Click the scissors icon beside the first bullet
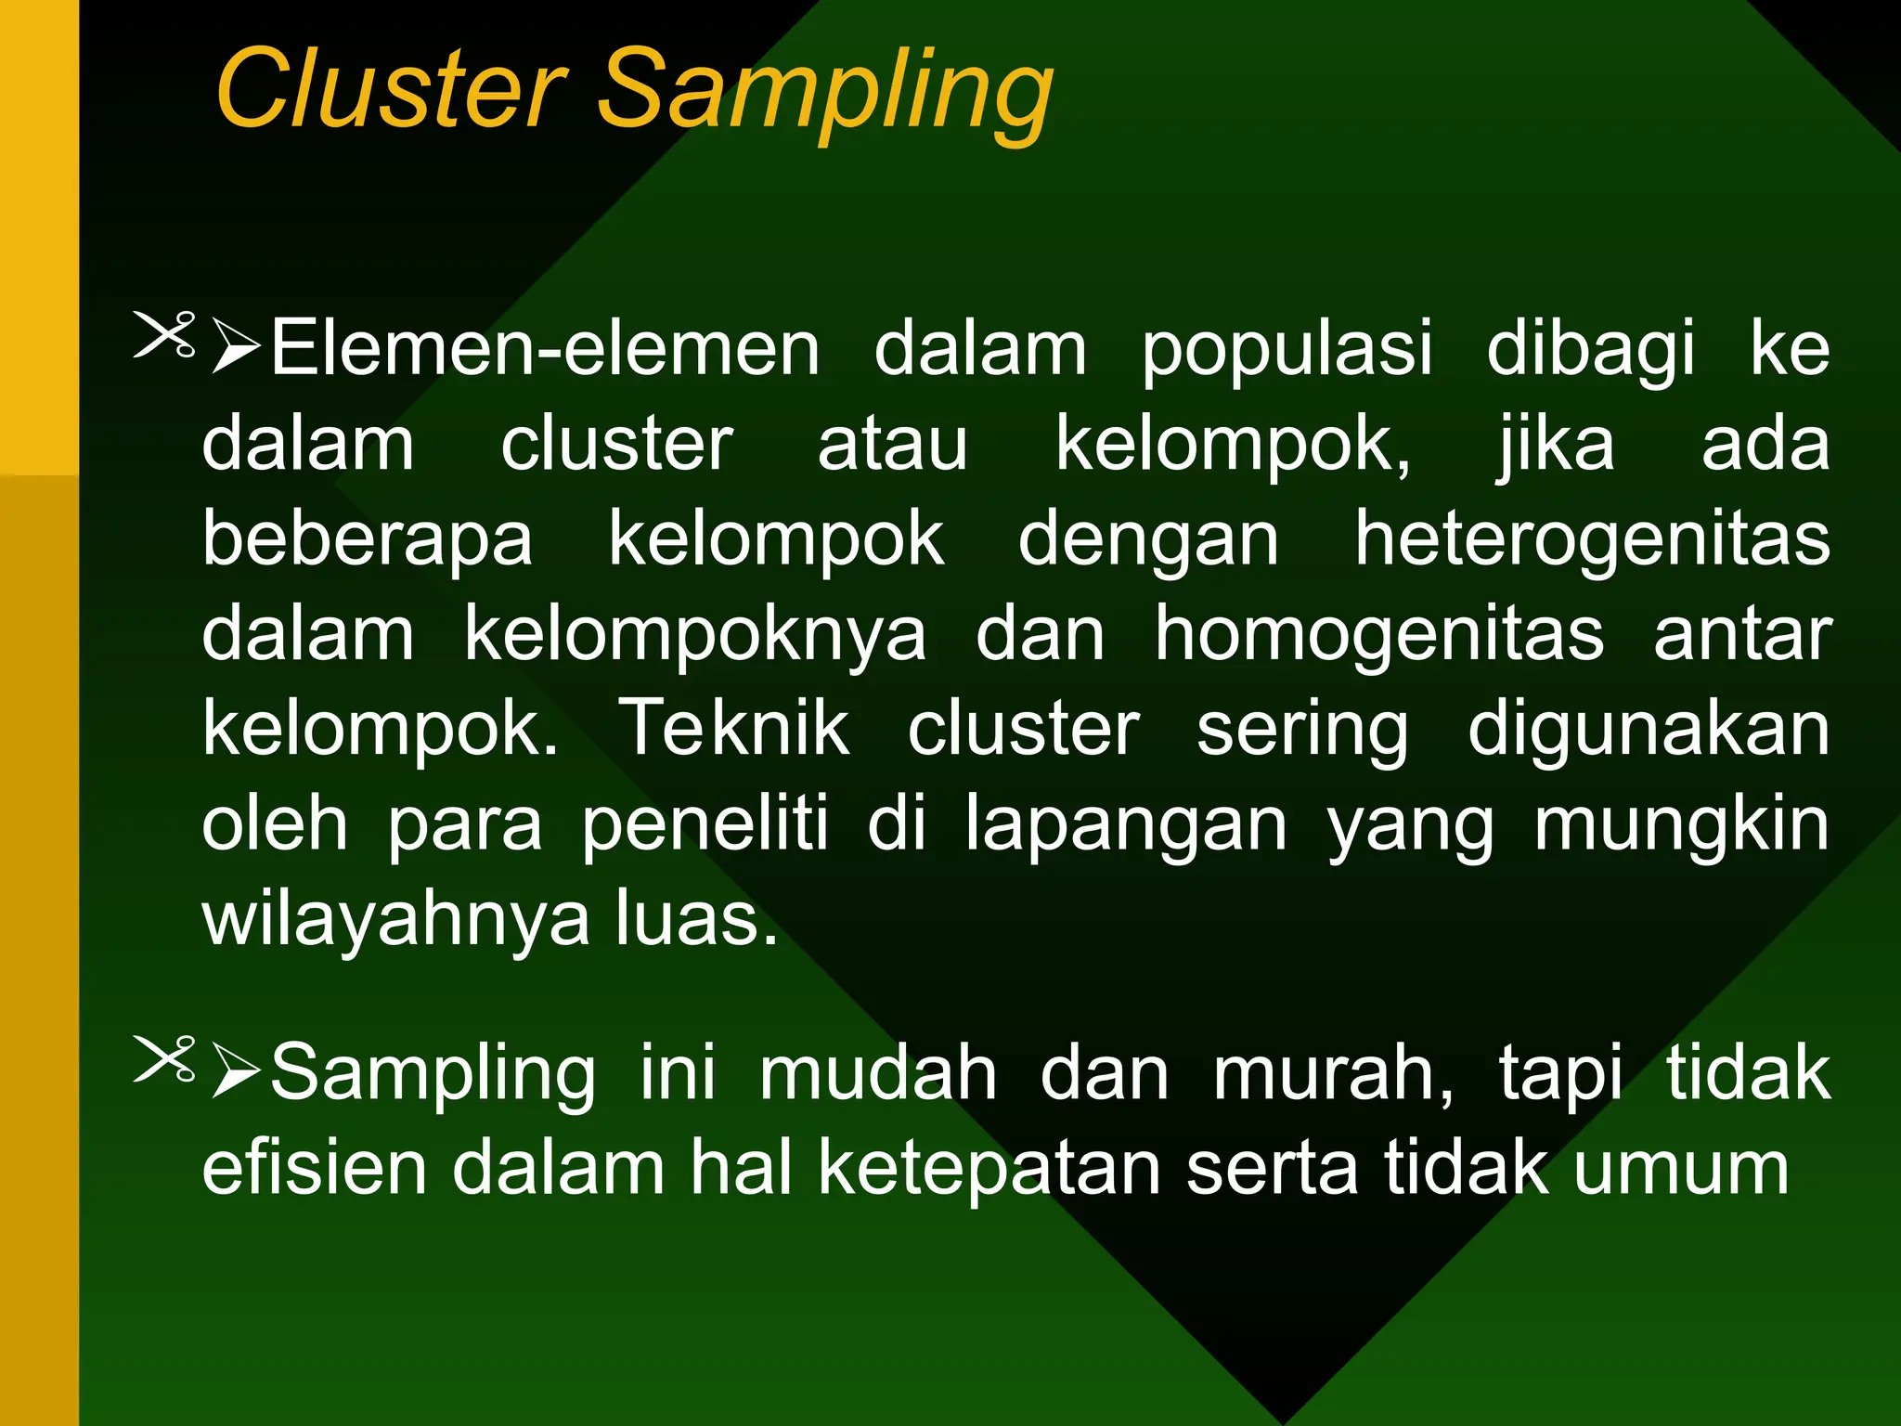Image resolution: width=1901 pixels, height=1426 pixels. coord(165,334)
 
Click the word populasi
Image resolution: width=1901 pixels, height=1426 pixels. coord(1287,351)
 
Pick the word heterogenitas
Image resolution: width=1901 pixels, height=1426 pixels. coord(1592,540)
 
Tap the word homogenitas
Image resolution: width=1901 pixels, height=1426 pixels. coord(1378,636)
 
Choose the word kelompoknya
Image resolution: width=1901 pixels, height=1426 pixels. coord(695,636)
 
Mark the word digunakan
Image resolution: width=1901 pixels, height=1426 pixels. coord(1649,732)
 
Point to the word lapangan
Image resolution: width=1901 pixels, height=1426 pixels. coord(1126,827)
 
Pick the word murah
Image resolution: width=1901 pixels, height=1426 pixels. coord(1333,1074)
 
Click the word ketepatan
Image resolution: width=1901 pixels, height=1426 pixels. coord(989,1169)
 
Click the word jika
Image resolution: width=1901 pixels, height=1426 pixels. coord(1556,446)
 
